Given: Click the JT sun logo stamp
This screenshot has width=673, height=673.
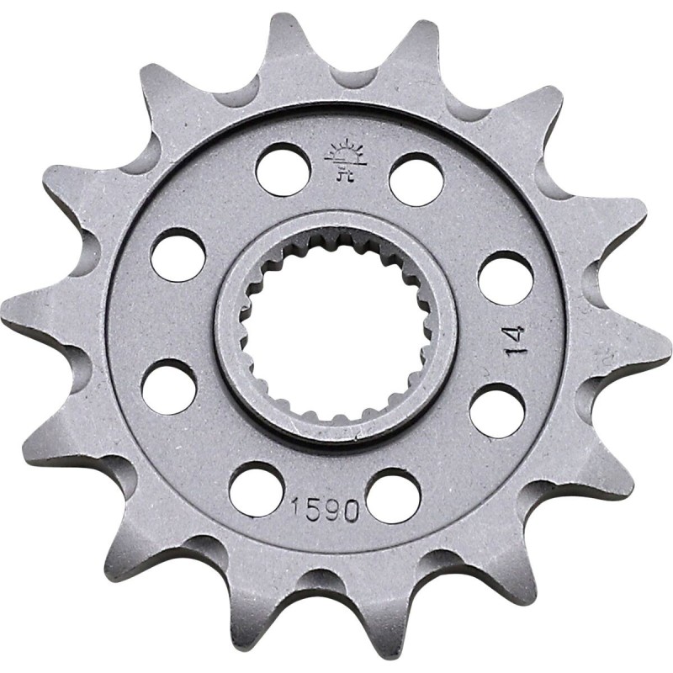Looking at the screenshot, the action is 343,159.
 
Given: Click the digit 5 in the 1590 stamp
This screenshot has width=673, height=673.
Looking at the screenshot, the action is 315,511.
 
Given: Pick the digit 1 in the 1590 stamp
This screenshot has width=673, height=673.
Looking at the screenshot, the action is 298,510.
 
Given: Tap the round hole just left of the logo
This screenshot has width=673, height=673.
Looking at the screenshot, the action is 283,169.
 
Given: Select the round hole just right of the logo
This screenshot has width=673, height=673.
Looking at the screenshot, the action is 416,178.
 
